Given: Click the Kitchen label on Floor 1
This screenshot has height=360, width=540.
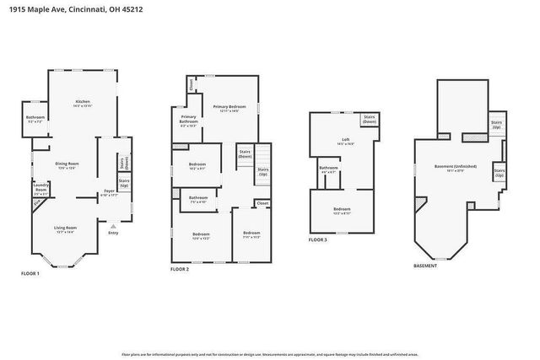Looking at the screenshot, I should pyautogui.click(x=82, y=102).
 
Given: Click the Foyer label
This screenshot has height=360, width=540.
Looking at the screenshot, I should pyautogui.click(x=109, y=191).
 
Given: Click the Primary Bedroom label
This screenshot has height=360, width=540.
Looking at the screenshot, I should pyautogui.click(x=229, y=106).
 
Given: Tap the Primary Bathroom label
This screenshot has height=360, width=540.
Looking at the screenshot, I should pyautogui.click(x=188, y=118).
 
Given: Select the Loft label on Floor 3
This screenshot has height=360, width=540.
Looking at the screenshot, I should pyautogui.click(x=344, y=140).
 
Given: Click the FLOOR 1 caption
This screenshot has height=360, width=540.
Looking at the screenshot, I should pyautogui.click(x=30, y=274).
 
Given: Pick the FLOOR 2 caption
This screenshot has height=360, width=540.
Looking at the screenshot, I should pyautogui.click(x=179, y=269).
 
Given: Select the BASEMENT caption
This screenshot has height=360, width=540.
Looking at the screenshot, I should pyautogui.click(x=425, y=264).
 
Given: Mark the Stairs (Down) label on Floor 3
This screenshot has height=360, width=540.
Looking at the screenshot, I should pyautogui.click(x=369, y=120).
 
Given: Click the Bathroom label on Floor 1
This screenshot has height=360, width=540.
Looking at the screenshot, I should pyautogui.click(x=35, y=117).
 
